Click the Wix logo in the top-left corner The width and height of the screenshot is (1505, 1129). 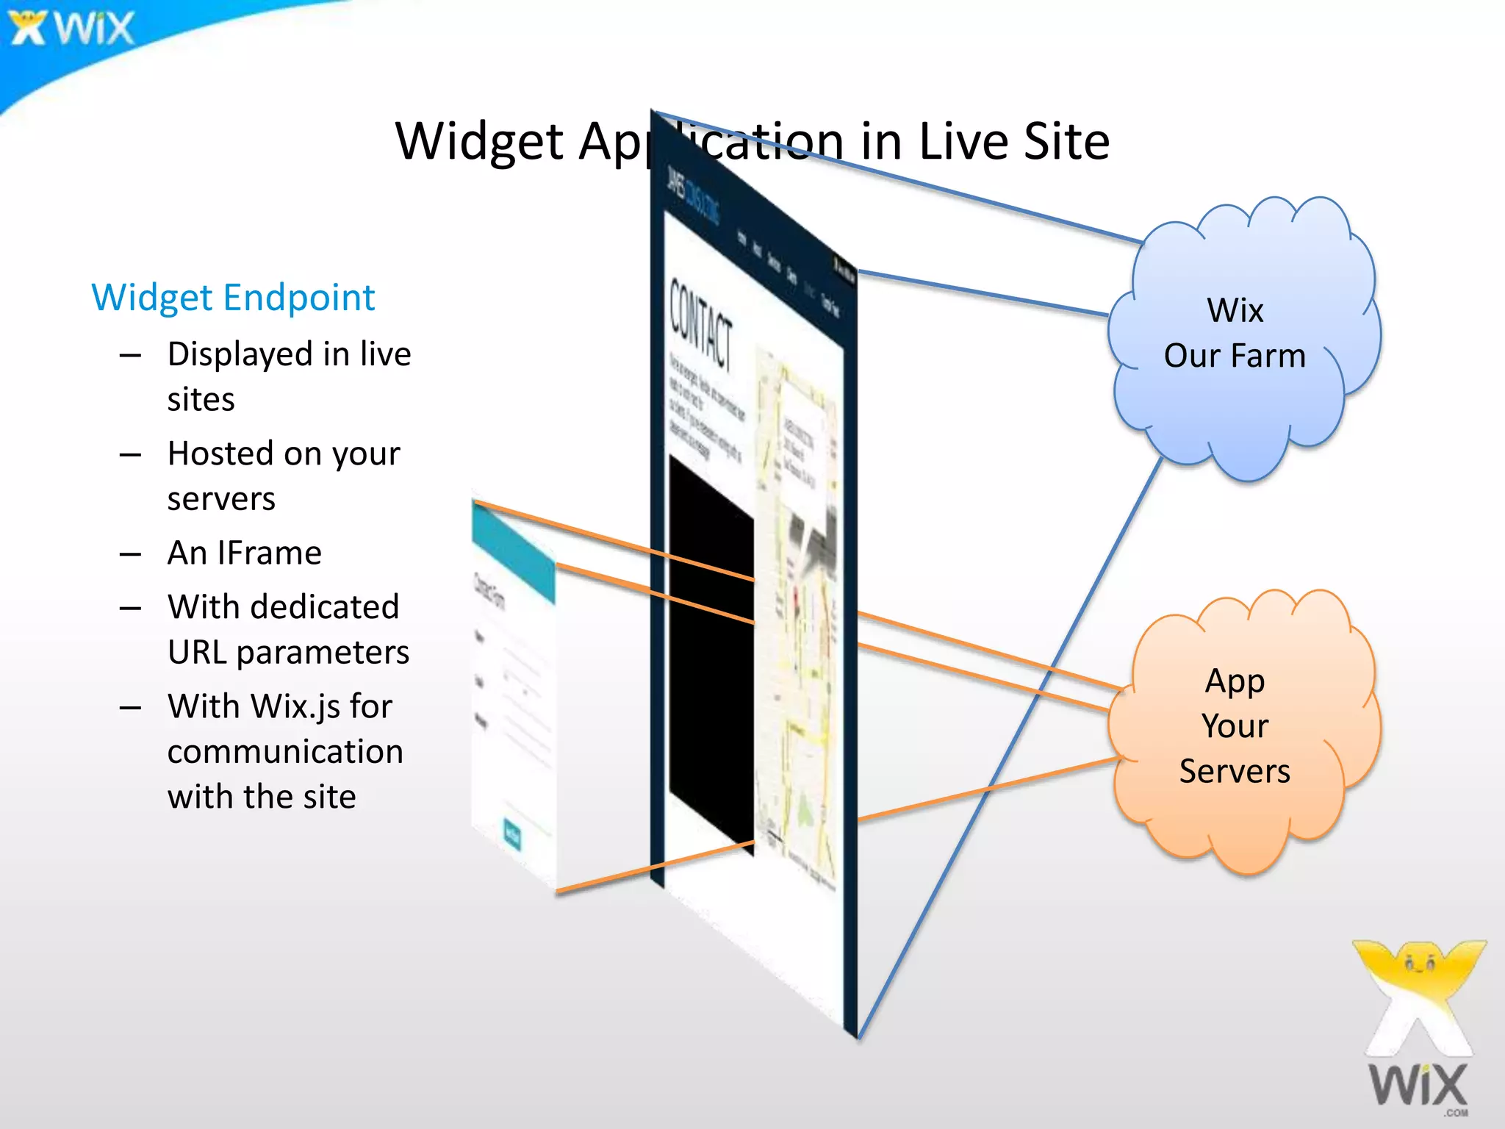point(72,28)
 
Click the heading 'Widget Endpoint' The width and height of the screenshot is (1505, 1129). point(233,298)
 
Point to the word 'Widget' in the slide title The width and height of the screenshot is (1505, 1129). point(479,141)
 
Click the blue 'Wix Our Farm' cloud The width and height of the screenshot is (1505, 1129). point(1242,338)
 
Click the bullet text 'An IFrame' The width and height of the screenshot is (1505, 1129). point(245,553)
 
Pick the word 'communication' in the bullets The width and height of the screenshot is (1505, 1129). point(285,752)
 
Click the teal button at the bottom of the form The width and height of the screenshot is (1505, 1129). point(512,834)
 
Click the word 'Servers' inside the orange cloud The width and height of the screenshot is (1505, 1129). point(1235,772)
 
